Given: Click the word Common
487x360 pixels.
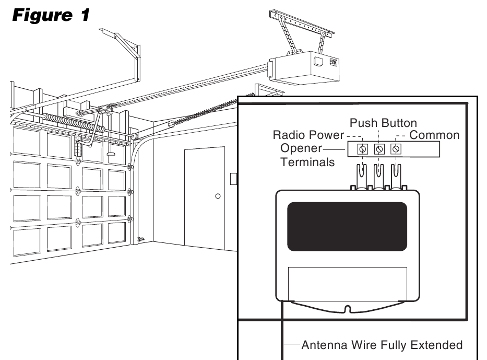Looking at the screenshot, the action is pyautogui.click(x=434, y=135).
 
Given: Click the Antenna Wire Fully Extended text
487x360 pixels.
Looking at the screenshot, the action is pyautogui.click(x=382, y=345).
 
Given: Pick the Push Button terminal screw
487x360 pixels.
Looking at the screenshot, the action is pyautogui.click(x=379, y=149).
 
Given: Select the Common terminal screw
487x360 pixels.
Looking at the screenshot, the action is pyautogui.click(x=396, y=149).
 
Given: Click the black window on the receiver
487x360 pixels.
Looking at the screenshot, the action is pyautogui.click(x=347, y=226).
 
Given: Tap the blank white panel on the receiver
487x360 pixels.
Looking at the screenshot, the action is pyautogui.click(x=348, y=282).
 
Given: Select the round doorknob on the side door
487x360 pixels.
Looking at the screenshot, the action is pyautogui.click(x=218, y=196).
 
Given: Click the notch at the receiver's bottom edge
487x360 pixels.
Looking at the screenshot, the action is pyautogui.click(x=347, y=310).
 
